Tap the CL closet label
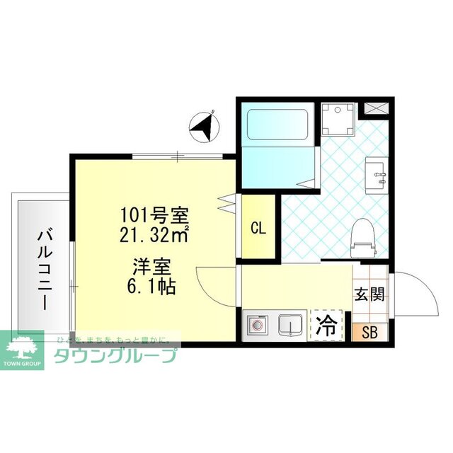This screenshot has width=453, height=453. coord(258,229)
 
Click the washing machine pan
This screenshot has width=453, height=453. coord(336,118)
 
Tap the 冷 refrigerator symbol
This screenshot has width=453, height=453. coord(326,326)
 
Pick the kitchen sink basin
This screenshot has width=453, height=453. coord(289,326)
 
